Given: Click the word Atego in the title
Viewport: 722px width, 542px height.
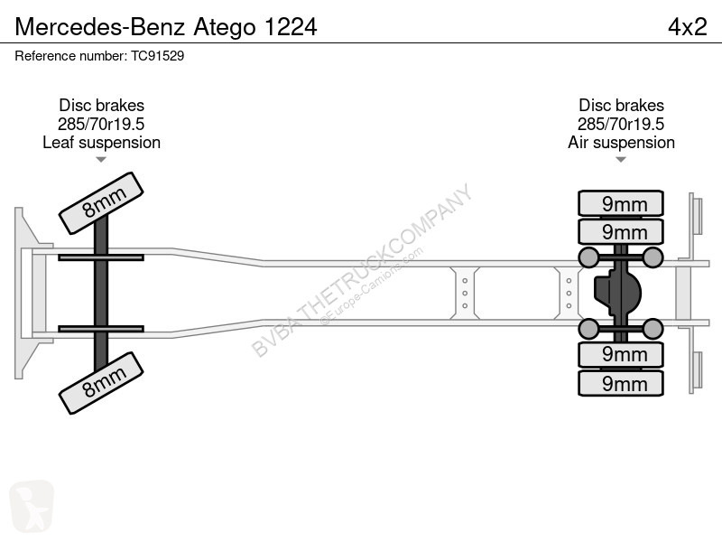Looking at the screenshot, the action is [224, 27].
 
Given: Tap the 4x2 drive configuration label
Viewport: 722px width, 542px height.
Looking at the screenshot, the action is [688, 27].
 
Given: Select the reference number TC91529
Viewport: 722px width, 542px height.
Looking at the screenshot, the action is [157, 56].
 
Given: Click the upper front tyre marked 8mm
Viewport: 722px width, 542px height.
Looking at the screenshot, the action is [101, 203].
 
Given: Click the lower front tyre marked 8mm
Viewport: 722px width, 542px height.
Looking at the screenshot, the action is [101, 383].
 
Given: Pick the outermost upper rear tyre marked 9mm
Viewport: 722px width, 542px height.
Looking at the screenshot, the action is [621, 203].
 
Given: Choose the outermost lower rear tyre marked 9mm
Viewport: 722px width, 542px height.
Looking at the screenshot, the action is [621, 383].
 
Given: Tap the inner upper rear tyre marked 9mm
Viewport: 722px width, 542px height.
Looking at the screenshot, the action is [621, 231].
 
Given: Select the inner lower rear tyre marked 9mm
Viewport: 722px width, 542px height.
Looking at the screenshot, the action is [621, 354].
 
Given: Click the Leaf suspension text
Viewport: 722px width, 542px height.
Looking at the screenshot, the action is [101, 143].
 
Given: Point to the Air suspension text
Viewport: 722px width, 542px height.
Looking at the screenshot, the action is [621, 143].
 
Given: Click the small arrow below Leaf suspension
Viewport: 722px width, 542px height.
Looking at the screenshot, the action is [101, 160].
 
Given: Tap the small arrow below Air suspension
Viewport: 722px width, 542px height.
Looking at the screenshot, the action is [621, 160].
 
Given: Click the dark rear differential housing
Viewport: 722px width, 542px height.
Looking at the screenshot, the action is [617, 293].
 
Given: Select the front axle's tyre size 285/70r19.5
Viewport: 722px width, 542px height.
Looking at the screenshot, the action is [101, 124].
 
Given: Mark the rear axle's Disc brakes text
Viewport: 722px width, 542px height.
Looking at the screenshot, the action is [621, 106].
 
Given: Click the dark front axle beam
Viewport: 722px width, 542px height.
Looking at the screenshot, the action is [101, 293].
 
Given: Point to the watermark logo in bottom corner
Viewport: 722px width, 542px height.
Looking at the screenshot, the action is [32, 506].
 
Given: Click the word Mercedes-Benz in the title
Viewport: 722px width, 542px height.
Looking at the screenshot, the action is [100, 27].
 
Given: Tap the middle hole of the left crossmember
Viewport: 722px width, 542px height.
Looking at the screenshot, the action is [465, 293].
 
